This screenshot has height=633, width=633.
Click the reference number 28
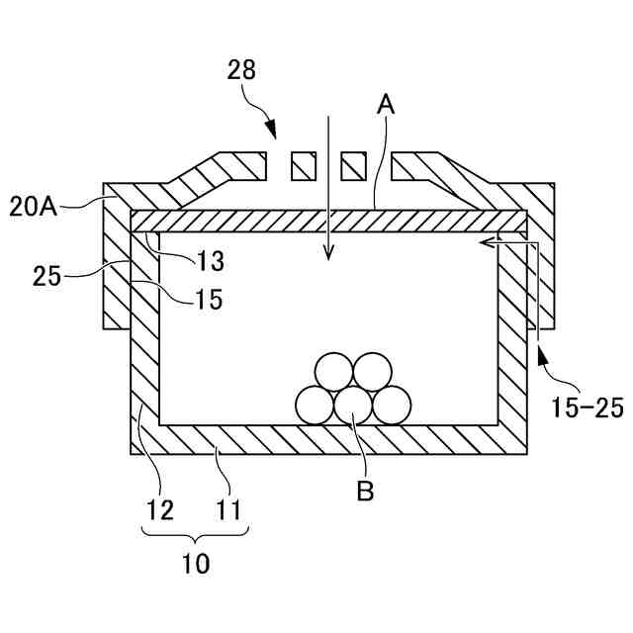(241, 69)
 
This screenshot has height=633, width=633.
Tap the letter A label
(387, 104)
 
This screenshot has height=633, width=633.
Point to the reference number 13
(210, 262)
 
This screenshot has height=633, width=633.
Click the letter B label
(365, 491)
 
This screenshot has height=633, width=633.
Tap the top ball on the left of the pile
(333, 373)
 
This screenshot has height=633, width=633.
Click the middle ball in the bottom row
(353, 405)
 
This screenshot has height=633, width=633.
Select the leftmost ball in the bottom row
(316, 405)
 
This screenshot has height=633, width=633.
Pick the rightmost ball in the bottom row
(391, 405)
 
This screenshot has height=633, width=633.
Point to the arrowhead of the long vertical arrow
(329, 256)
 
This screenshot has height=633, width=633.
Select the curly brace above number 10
(196, 535)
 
